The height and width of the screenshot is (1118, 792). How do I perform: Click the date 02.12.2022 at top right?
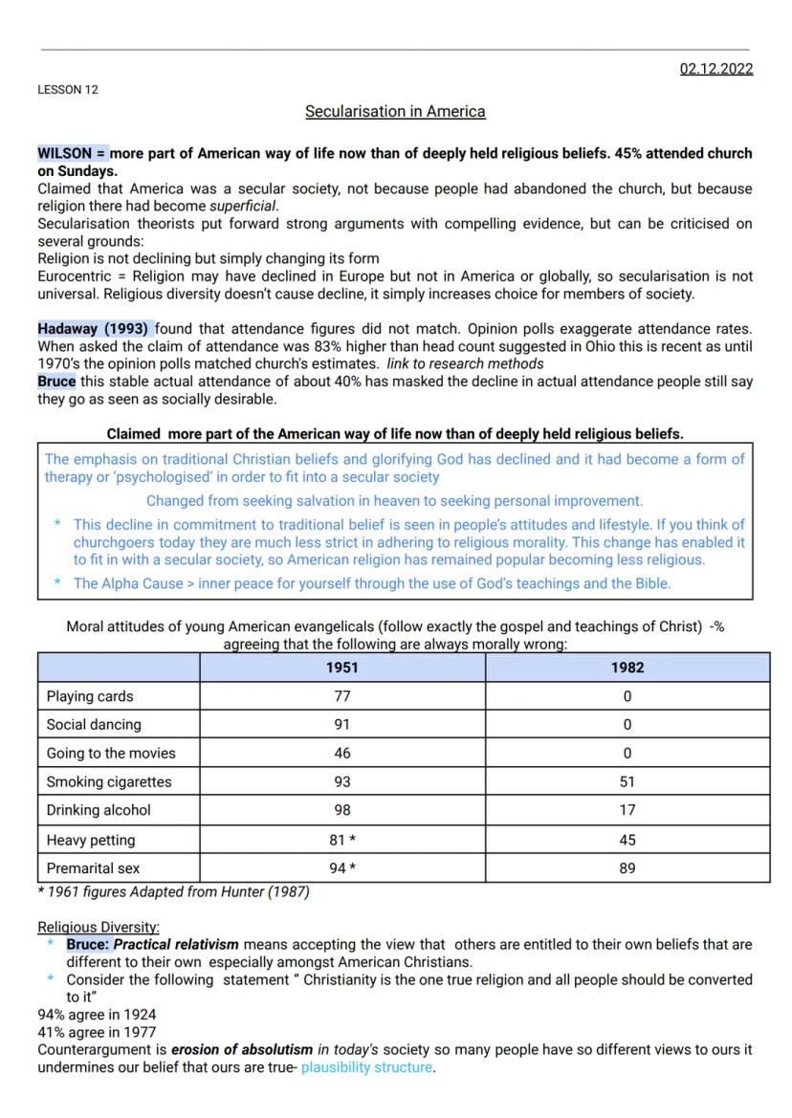(x=715, y=69)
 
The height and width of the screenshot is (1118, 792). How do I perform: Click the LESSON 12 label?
(x=67, y=90)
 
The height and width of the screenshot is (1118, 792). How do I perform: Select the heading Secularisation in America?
(x=395, y=112)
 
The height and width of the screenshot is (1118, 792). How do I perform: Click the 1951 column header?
(x=342, y=668)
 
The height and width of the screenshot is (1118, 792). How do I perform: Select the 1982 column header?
(x=627, y=668)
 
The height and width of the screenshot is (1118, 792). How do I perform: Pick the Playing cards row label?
(x=90, y=696)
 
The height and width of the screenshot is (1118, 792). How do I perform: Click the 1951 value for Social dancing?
(x=342, y=725)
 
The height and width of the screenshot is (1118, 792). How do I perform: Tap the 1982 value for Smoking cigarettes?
(x=627, y=782)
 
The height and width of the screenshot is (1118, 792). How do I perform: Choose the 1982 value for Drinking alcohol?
(x=627, y=810)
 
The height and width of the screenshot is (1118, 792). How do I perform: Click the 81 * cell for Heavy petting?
(x=342, y=841)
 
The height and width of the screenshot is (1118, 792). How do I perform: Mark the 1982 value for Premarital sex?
(x=627, y=868)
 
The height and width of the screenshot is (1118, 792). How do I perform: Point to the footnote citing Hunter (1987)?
(x=173, y=892)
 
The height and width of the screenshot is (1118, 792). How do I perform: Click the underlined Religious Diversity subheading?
(x=99, y=927)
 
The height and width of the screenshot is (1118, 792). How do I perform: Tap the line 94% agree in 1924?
(x=97, y=1014)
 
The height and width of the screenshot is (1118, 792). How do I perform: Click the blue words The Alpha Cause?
(x=128, y=583)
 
